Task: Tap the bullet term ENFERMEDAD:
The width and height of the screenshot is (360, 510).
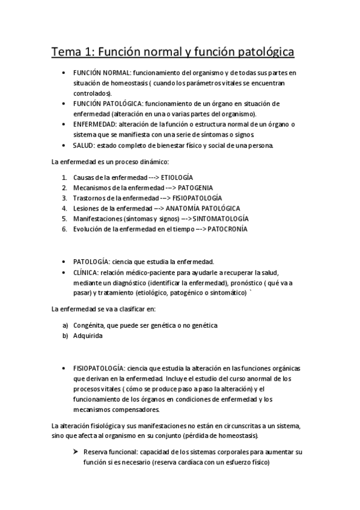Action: tap(96, 124)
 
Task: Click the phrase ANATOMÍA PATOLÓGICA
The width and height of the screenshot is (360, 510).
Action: tap(203, 208)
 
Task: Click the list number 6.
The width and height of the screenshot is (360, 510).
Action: tap(64, 229)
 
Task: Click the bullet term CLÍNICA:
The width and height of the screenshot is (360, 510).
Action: tap(86, 272)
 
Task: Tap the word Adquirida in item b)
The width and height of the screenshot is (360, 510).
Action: tap(88, 336)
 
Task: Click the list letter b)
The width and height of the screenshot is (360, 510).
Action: tap(64, 336)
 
